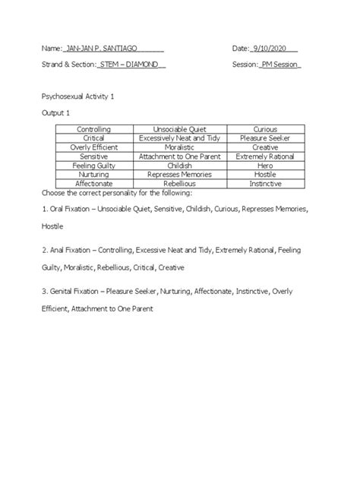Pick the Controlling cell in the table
click(x=93, y=130)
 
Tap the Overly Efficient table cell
click(x=93, y=147)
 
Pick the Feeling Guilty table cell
click(x=93, y=165)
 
